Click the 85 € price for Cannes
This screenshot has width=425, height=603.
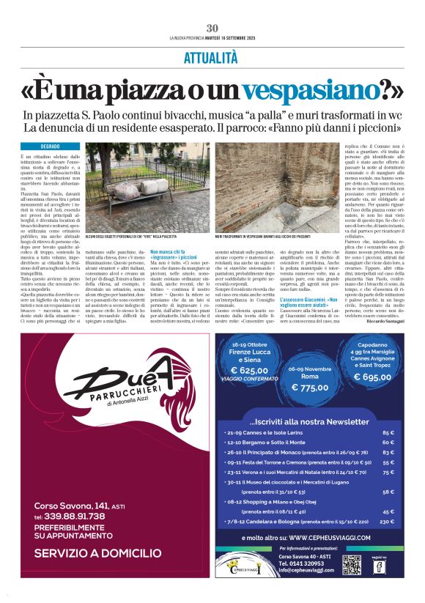pos(388,432)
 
